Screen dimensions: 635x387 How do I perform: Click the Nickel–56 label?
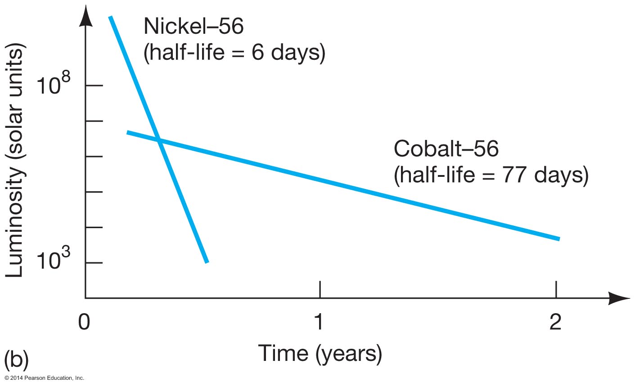pos(194,26)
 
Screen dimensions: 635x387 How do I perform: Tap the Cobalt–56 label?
pos(446,148)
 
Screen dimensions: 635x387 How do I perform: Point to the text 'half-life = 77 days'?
pos(491,175)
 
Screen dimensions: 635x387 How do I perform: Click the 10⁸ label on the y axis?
pos(53,83)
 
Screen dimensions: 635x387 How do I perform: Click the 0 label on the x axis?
pos(84,322)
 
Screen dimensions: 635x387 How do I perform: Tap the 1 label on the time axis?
pos(319,322)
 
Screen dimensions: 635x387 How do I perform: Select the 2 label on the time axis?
pos(555,322)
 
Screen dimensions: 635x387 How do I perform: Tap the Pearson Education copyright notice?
pos(45,378)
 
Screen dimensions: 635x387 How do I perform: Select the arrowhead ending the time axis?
pos(619,298)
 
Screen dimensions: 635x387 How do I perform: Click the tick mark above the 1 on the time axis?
pos(320,289)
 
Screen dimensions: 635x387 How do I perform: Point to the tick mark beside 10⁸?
pos(94,85)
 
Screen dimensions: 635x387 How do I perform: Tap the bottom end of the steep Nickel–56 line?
pos(207,262)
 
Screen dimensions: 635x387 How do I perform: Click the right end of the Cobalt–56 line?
pos(559,239)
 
